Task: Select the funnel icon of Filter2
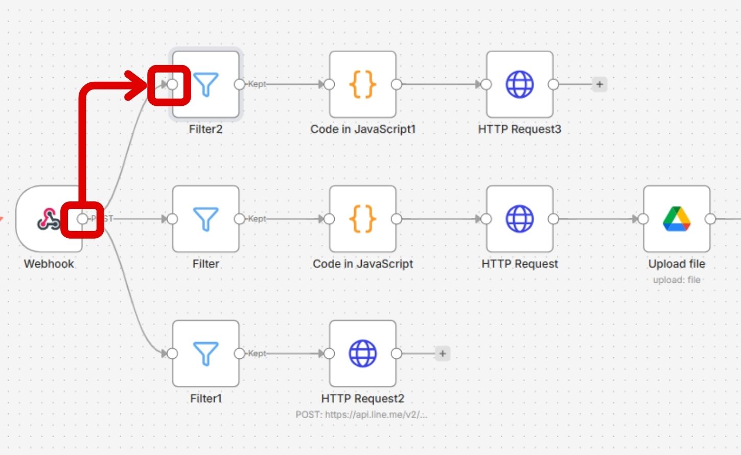tap(206, 84)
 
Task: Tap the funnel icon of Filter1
tap(206, 353)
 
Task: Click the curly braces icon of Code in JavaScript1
tap(363, 84)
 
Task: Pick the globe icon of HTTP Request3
tap(520, 84)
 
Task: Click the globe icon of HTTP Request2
tap(363, 353)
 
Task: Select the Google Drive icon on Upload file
tap(677, 219)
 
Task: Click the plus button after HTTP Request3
tap(599, 84)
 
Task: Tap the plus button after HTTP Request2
tap(443, 353)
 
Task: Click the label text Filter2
tap(205, 129)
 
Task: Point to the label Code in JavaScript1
tap(363, 129)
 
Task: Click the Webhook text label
tap(49, 264)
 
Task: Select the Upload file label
tap(677, 264)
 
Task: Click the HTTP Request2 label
tap(363, 398)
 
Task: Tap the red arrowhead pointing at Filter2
tap(137, 84)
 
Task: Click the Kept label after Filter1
tap(257, 353)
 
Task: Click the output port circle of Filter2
tap(239, 84)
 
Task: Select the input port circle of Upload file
tap(643, 219)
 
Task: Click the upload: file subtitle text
tap(677, 280)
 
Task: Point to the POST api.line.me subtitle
tap(361, 414)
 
